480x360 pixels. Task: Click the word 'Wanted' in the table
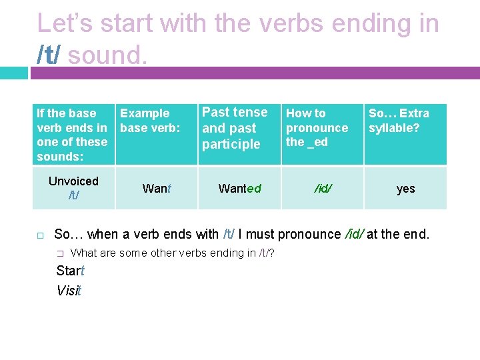coord(239,189)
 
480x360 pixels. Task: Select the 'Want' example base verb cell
coord(157,189)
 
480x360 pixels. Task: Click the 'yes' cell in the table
coord(405,189)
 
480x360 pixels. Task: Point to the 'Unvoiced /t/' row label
coord(73,188)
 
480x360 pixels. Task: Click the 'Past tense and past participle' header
coord(234,128)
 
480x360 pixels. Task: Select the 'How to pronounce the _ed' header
coord(317,127)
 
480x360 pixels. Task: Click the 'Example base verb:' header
coord(150,121)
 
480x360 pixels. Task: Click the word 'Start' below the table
coord(70,271)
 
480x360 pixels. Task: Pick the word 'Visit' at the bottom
coord(69,291)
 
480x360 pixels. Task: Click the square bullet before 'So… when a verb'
coord(40,235)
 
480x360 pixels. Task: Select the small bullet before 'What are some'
coord(60,253)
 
